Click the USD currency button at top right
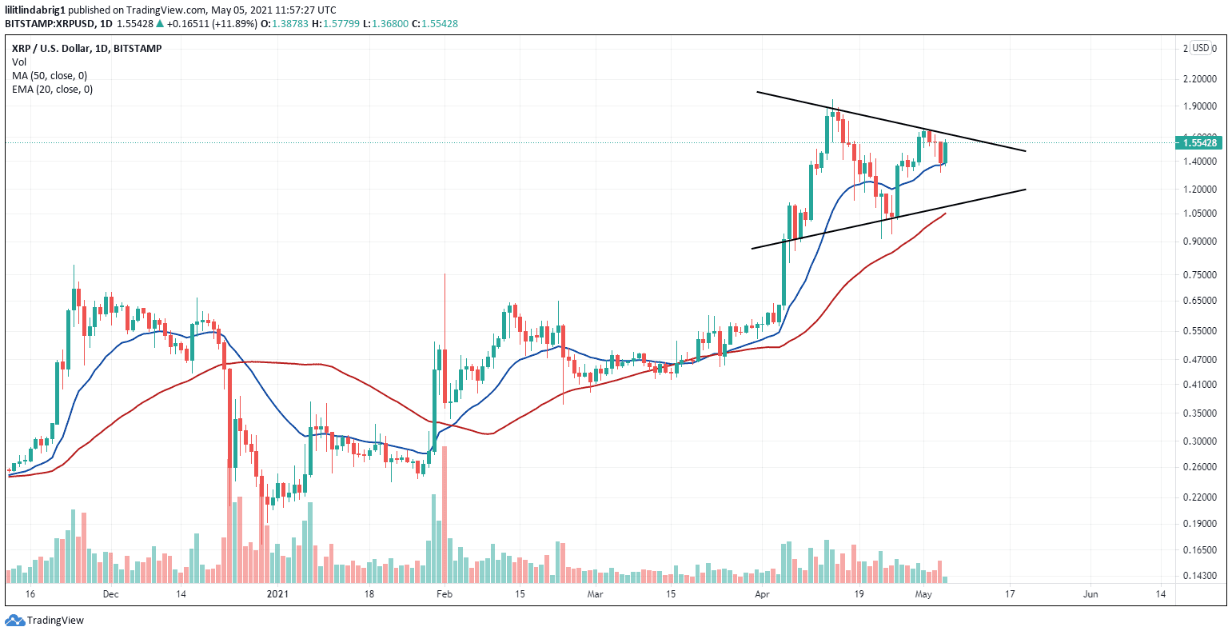1200,48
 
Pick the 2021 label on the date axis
277,594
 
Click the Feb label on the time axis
445,594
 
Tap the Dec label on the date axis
110,594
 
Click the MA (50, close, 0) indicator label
50,75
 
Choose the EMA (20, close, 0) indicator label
52,89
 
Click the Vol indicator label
18,62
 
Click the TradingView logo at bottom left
45,620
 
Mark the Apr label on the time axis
759,594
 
